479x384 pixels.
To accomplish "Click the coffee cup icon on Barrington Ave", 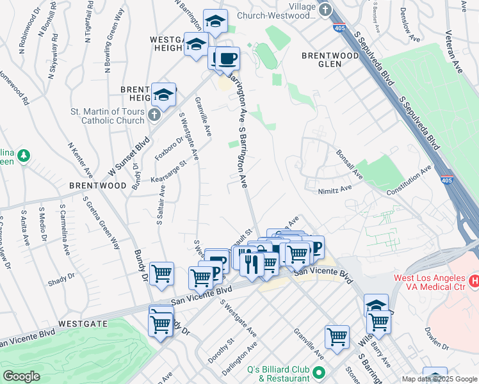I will pyautogui.click(x=227, y=60).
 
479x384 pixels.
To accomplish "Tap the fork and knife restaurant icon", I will pyautogui.click(x=252, y=264).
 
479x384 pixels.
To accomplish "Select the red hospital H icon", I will pyautogui.click(x=475, y=280).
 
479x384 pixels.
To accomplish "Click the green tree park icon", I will pyautogui.click(x=24, y=156).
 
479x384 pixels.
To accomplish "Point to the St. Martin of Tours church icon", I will pyautogui.click(x=154, y=115).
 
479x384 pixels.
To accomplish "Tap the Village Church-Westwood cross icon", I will pyautogui.click(x=325, y=10).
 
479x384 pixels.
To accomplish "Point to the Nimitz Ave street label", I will pyautogui.click(x=335, y=189).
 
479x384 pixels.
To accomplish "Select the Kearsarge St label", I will pyautogui.click(x=168, y=170).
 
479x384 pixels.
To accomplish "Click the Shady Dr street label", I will pyautogui.click(x=61, y=279).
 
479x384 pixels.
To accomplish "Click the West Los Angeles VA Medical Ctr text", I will pyautogui.click(x=427, y=282).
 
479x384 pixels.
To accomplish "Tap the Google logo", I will pyautogui.click(x=22, y=376).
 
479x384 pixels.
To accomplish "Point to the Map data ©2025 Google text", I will pyautogui.click(x=439, y=379).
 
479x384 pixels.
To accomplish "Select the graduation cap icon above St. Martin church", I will pyautogui.click(x=163, y=95).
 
